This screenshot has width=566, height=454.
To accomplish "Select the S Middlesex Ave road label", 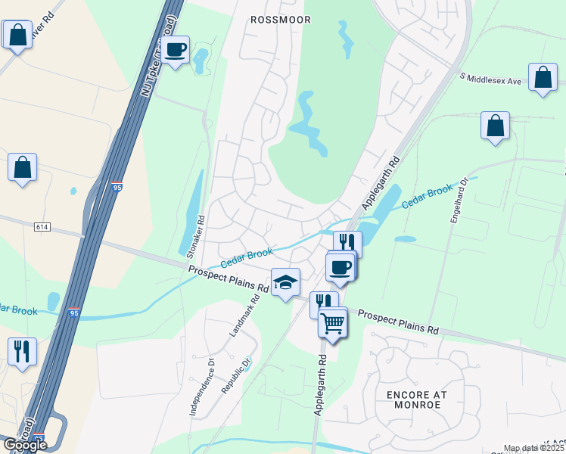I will [x=491, y=79].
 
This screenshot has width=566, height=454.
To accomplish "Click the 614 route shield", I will [x=42, y=226].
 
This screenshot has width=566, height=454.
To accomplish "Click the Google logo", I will [x=25, y=444].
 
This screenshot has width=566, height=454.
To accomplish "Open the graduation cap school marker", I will [x=285, y=282].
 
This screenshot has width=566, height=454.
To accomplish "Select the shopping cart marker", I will [x=333, y=323].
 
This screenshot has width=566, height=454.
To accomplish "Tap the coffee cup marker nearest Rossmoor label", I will [x=176, y=50].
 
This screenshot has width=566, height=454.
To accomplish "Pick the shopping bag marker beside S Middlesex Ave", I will [x=543, y=78].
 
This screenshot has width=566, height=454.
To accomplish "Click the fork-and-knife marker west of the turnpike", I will [x=22, y=351].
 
